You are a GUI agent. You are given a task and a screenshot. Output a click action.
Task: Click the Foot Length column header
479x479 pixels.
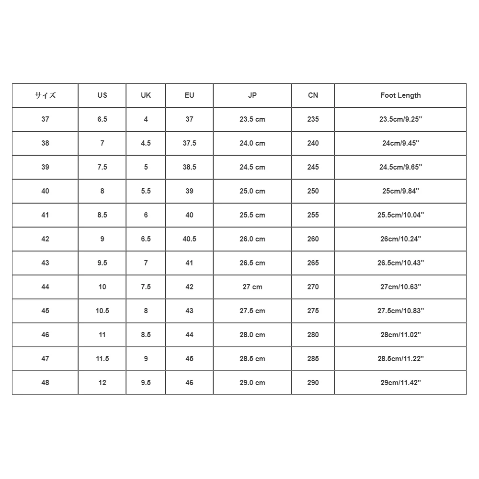[400, 95]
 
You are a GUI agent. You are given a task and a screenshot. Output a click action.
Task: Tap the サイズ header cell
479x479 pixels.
[45, 95]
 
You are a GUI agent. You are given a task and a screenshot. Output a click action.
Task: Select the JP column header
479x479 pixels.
[252, 95]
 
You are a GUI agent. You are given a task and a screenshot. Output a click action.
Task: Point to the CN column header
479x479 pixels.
[313, 95]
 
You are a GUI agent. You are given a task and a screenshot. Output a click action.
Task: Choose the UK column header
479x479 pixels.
[146, 95]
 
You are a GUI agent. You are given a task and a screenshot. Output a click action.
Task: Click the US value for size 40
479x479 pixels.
[102, 191]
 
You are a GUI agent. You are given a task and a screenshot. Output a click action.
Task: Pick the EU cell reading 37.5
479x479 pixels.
[189, 143]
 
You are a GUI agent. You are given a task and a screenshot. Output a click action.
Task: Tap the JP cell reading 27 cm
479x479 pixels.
[252, 287]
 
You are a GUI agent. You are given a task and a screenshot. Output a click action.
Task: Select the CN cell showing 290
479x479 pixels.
[313, 383]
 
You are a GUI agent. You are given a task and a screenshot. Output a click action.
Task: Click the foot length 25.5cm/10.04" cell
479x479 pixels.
[400, 215]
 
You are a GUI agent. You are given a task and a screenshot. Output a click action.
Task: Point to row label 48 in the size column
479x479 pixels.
[45, 383]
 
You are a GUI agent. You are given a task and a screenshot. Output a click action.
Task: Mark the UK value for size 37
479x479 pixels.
[146, 119]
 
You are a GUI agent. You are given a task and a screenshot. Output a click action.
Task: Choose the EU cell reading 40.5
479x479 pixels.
[189, 239]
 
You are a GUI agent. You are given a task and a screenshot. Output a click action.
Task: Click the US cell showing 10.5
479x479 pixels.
[102, 311]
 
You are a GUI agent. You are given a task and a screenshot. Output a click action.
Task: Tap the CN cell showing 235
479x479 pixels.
[313, 119]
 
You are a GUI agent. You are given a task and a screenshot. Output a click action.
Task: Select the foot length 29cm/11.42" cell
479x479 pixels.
[400, 383]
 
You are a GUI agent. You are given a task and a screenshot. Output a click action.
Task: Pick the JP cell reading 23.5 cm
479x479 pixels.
[252, 119]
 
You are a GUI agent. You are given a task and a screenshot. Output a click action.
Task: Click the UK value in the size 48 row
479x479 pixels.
[146, 383]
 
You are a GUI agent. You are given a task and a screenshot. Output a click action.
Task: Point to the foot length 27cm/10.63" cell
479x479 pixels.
[400, 287]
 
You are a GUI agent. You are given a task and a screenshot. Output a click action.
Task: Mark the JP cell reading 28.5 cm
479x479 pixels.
[252, 359]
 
